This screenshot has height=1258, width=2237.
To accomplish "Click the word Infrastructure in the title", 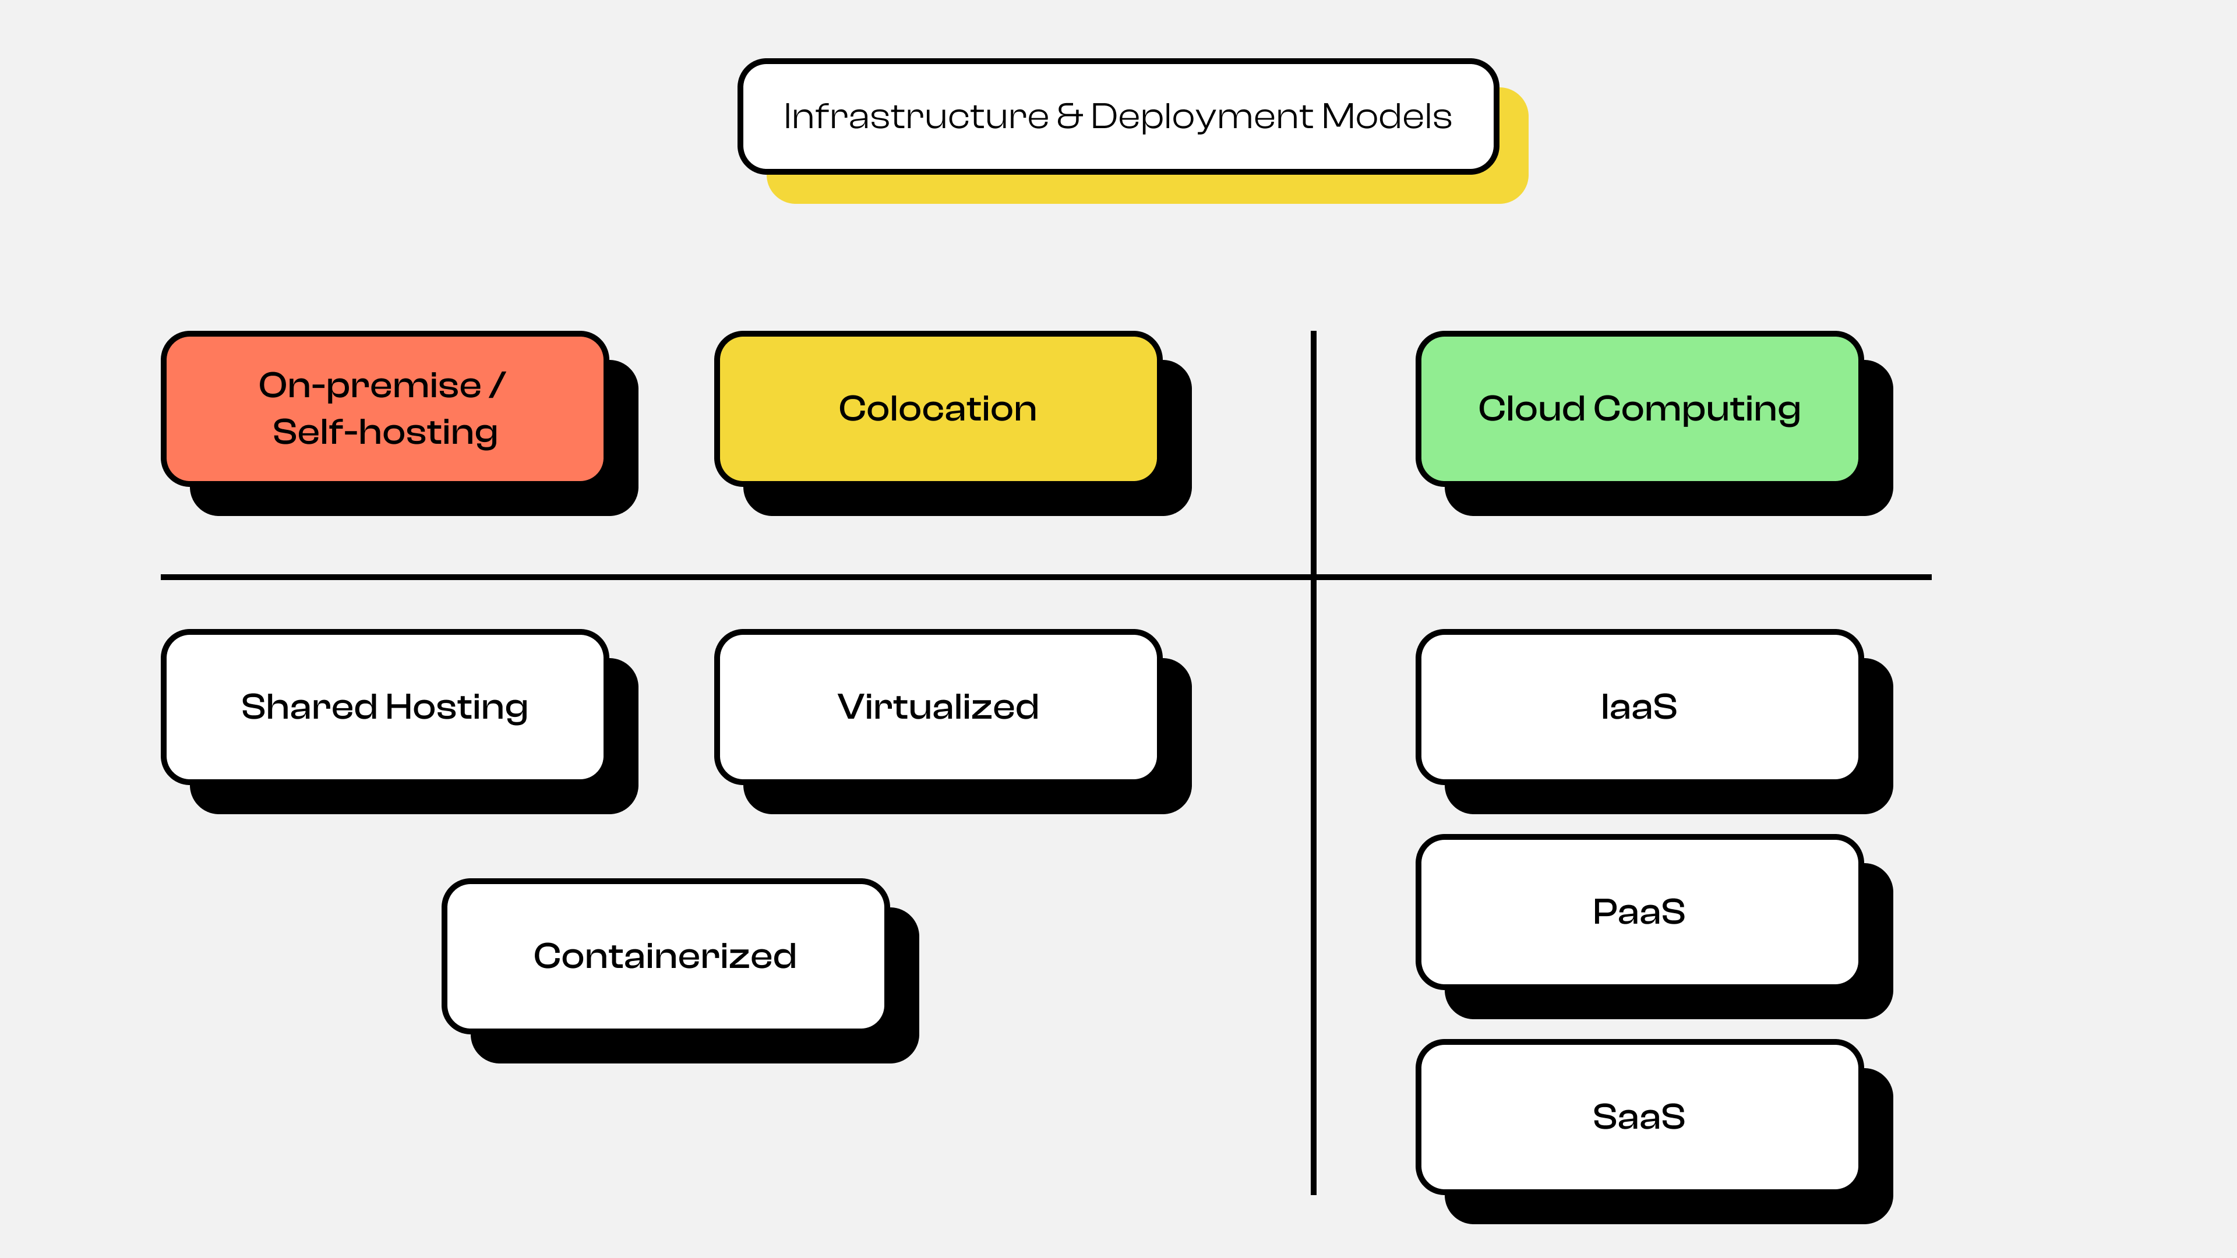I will tap(915, 116).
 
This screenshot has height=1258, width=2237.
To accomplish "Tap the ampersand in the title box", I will tap(1069, 116).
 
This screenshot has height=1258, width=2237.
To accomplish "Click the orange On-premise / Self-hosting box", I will tap(384, 408).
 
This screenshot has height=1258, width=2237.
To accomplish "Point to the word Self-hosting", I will tap(384, 432).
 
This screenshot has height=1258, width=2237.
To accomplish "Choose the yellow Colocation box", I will tap(937, 408).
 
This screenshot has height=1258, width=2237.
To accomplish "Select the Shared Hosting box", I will tap(384, 706).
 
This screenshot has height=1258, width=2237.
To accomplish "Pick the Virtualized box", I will tap(937, 706).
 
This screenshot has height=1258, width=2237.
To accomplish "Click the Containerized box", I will tap(664, 956).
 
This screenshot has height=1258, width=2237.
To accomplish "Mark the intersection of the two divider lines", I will tap(1313, 577).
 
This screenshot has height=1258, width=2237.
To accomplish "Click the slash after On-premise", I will tap(497, 384).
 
